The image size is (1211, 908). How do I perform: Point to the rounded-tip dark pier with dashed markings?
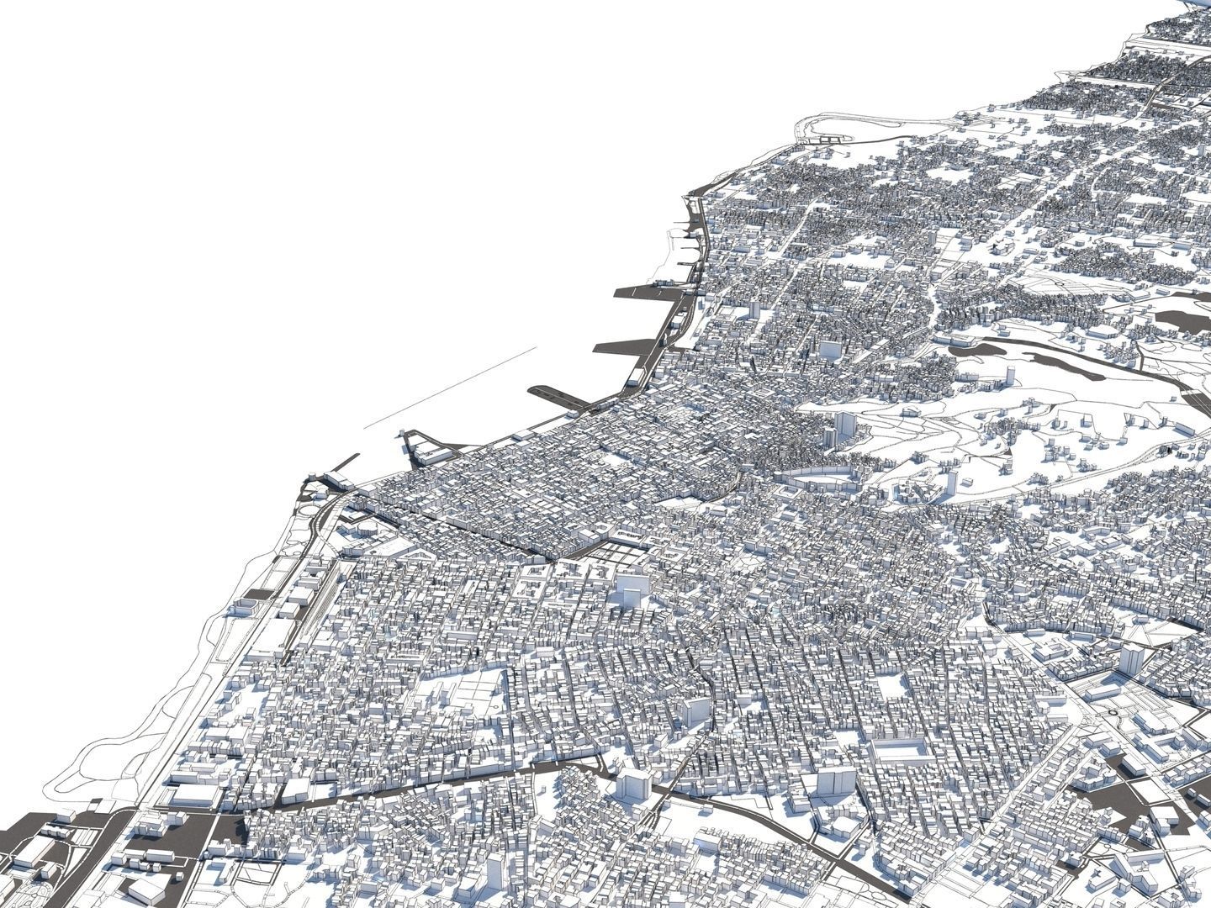(x=555, y=395)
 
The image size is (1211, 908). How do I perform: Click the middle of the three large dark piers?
(x=627, y=346)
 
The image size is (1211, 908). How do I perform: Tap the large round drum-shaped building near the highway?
(x=245, y=604)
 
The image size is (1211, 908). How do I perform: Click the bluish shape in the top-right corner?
(x=1198, y=4)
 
